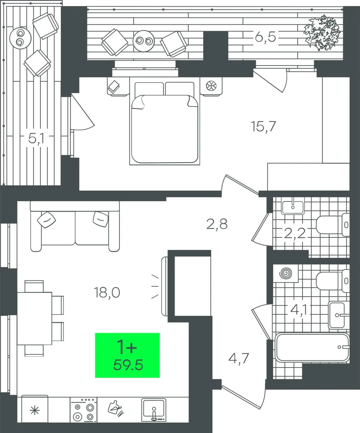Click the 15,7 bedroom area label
pyautogui.click(x=263, y=126)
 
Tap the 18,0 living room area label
pyautogui.click(x=107, y=292)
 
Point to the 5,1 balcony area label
pyautogui.click(x=36, y=139)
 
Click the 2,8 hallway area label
pyautogui.click(x=217, y=224)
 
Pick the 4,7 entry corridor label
pyautogui.click(x=239, y=358)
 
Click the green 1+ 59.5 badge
pyautogui.click(x=127, y=355)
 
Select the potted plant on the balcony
pyautogui.click(x=322, y=32)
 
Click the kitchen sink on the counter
pyautogui.click(x=154, y=410)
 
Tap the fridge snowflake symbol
pyautogui.click(x=35, y=410)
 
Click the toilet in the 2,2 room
pyautogui.click(x=333, y=225)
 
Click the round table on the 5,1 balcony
pyautogui.click(x=20, y=38)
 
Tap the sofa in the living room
pyautogui.click(x=75, y=226)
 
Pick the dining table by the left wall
pyautogui.click(x=34, y=318)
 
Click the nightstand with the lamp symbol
pyautogui.click(x=211, y=87)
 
